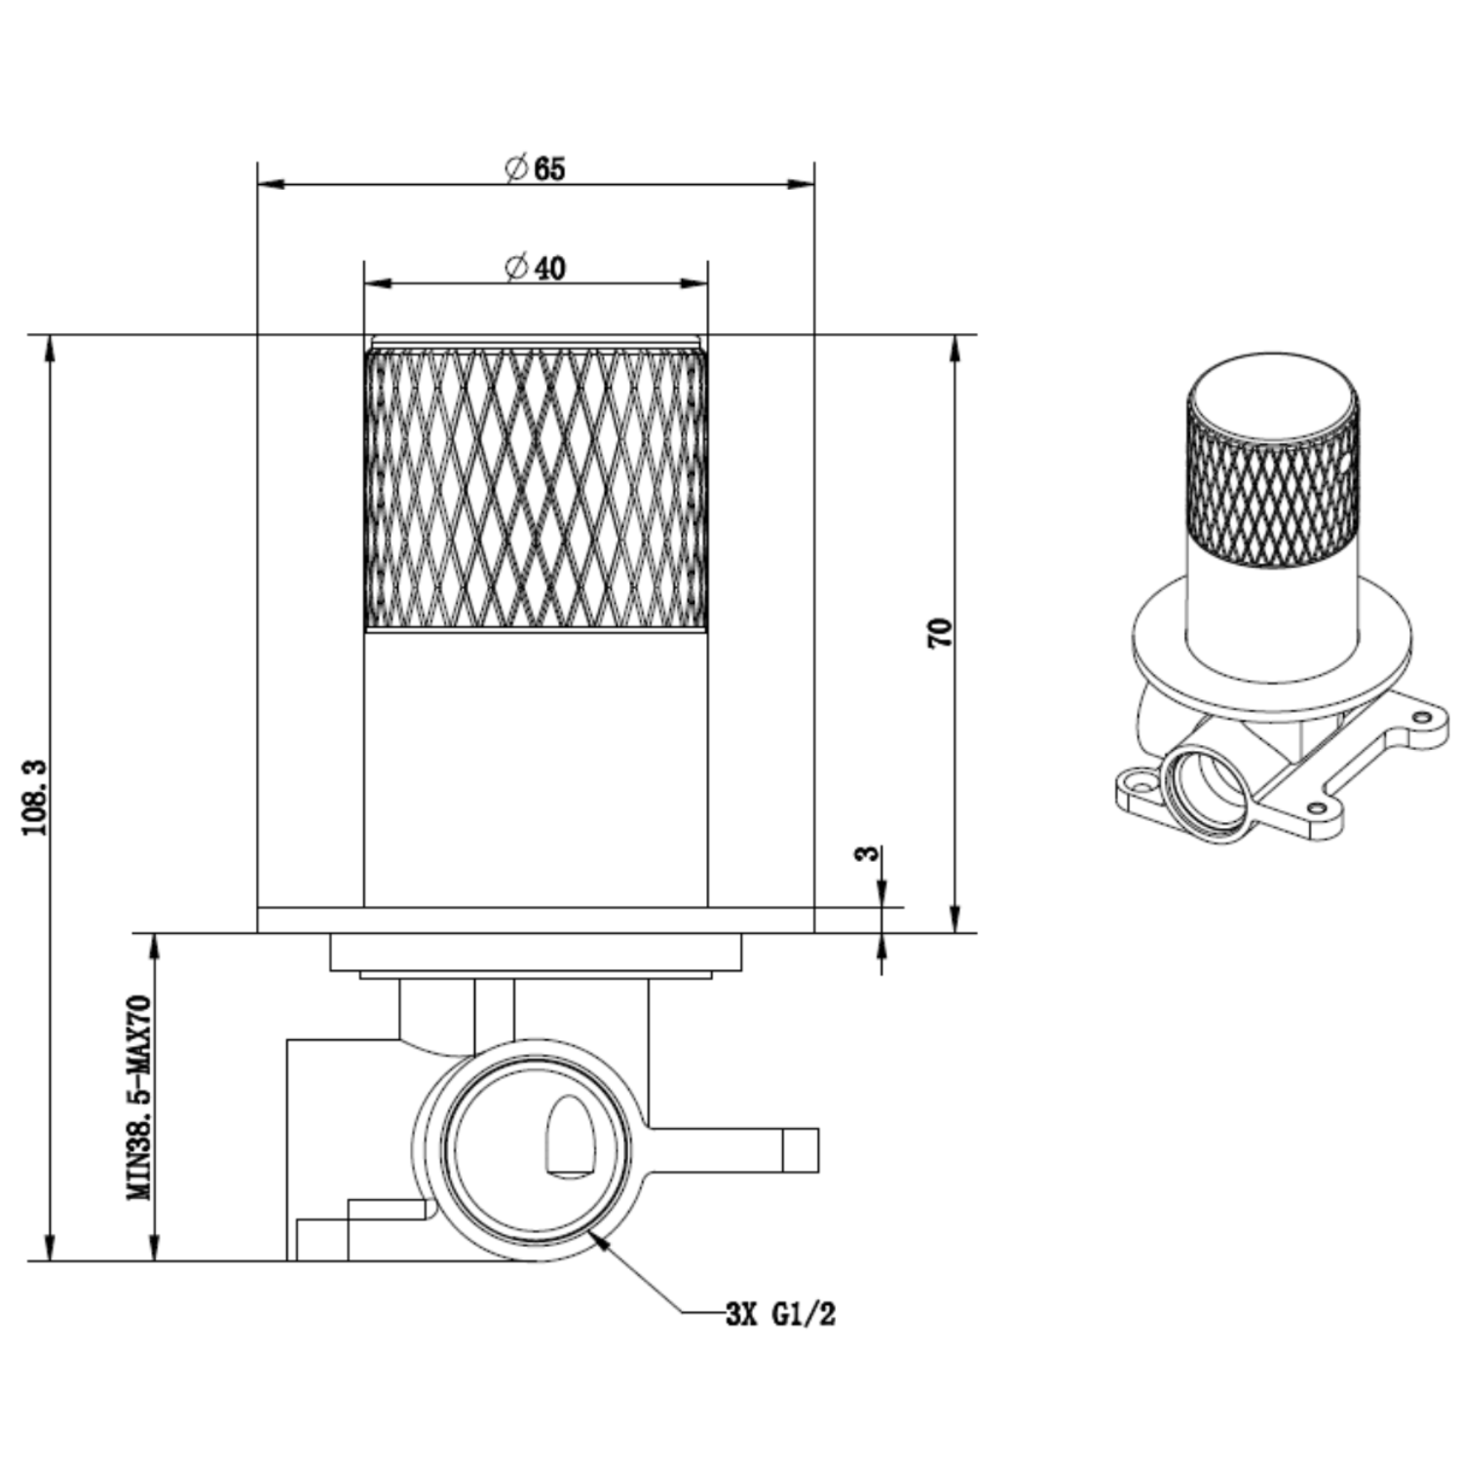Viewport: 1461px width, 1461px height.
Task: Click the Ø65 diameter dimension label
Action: coord(535,169)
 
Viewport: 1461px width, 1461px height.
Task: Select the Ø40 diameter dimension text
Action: coord(535,267)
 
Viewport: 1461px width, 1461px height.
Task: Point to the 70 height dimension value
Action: coord(940,634)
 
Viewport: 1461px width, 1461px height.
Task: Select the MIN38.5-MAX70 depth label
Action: coord(140,1097)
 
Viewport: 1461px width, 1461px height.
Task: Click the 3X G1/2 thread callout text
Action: coord(780,1315)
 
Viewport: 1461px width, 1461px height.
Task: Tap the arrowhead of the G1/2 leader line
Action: coord(598,1240)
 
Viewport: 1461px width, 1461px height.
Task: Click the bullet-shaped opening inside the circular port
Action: coord(572,1137)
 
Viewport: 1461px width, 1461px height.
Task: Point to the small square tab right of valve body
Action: coord(801,1149)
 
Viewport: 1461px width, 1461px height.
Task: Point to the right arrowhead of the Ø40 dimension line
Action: coord(694,283)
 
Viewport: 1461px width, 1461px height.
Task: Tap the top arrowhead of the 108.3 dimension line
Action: coord(50,349)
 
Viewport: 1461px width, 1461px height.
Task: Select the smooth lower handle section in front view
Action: coord(536,769)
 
